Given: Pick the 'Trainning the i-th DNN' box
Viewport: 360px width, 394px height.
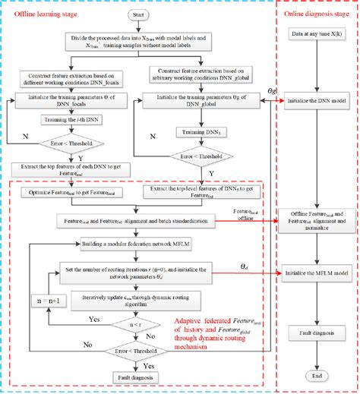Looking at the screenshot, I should (72, 120).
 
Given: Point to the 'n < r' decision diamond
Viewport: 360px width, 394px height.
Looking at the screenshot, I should (137, 323).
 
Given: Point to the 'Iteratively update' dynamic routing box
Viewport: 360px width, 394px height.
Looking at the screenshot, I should (137, 301).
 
